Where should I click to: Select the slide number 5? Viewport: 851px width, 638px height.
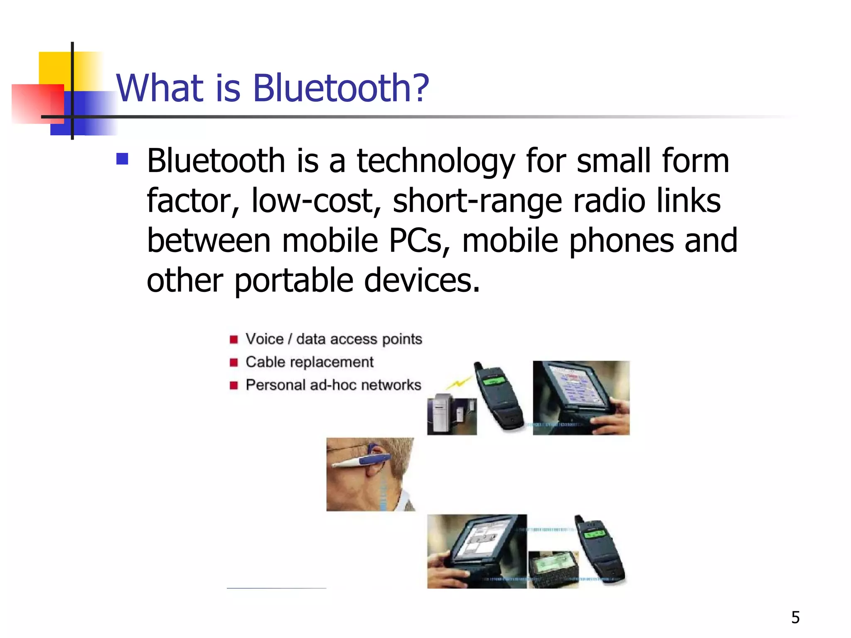tap(795, 617)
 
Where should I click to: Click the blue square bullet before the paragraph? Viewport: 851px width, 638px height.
tap(122, 159)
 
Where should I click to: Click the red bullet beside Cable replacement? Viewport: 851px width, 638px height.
tap(234, 363)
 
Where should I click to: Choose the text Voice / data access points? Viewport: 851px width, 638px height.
tap(334, 339)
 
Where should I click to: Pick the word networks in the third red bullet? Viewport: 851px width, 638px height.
tap(391, 385)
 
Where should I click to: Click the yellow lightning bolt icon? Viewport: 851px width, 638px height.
tap(459, 383)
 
